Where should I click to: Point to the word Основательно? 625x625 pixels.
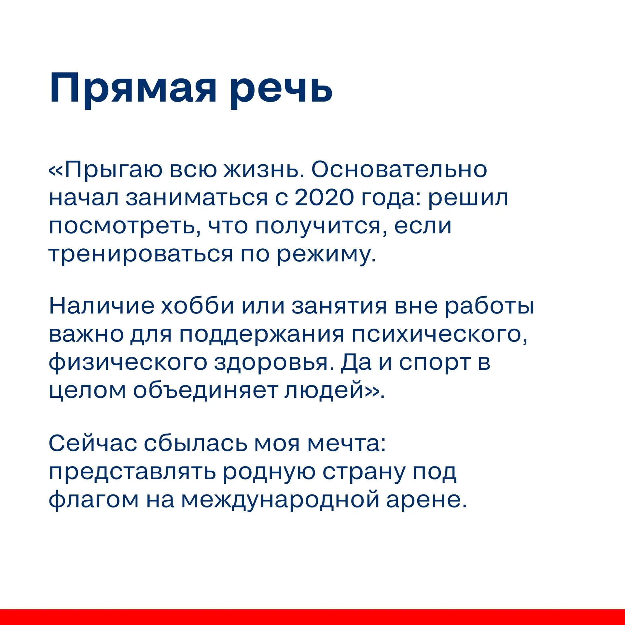[399, 170]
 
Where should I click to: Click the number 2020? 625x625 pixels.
[324, 198]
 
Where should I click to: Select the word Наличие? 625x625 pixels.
[102, 306]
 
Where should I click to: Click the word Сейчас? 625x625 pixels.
[93, 443]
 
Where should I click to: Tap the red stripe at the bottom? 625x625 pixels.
[312, 617]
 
